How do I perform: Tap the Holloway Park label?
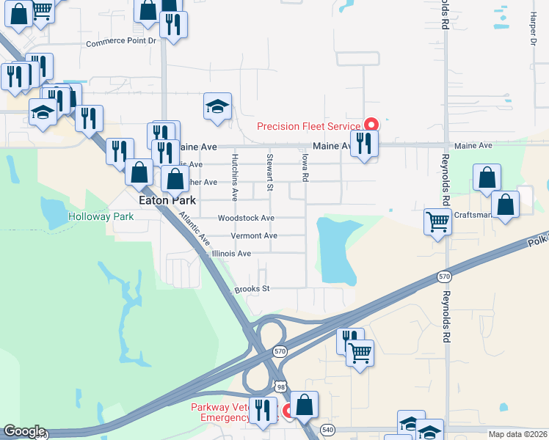pos(101,216)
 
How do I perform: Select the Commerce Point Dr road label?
pos(122,43)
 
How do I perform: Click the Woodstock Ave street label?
pos(246,218)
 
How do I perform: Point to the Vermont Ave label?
pos(254,235)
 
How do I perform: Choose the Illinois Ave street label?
pos(231,254)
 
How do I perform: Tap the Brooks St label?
pos(252,289)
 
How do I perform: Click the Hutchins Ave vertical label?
pos(235,177)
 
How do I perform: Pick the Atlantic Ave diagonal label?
pos(194,229)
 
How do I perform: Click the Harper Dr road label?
pos(534,29)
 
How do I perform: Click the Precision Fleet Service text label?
pos(309,126)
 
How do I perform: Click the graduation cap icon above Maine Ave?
pos(217,106)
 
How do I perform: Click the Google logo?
pos(23,431)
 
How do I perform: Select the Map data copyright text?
pos(517,434)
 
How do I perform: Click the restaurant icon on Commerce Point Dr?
pos(173,25)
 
